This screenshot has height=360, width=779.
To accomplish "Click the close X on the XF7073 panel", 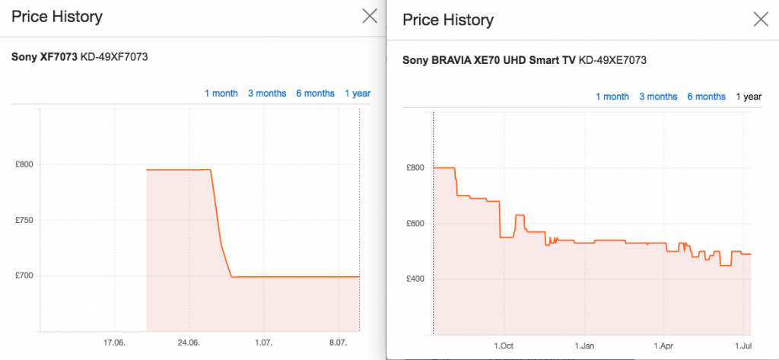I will pos(370,16).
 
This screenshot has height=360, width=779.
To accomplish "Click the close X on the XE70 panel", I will pos(760,20).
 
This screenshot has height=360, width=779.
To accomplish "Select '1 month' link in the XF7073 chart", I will pos(221,94).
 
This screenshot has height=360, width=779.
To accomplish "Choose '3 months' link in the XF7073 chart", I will pos(267,94).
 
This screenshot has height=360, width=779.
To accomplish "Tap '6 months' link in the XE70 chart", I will pos(706,97).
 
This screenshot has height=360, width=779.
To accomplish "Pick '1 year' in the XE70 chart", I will pos(748,97).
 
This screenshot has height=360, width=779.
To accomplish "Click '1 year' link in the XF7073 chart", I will pos(358,94).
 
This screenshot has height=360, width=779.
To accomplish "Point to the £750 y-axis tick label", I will pos(25,221).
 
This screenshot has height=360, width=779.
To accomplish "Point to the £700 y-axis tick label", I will pos(25,276).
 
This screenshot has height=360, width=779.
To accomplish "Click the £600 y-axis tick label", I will pos(416,224).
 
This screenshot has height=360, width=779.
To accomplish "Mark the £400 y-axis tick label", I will pos(416,279).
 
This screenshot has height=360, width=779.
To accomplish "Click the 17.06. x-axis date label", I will pos(114,343).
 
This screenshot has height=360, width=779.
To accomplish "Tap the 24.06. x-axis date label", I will pos(189,343).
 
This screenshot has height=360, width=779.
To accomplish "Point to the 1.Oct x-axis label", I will pos(503,346).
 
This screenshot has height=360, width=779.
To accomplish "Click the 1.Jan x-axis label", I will pos(584,346).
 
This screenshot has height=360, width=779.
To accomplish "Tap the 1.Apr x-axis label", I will pos(664,346).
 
